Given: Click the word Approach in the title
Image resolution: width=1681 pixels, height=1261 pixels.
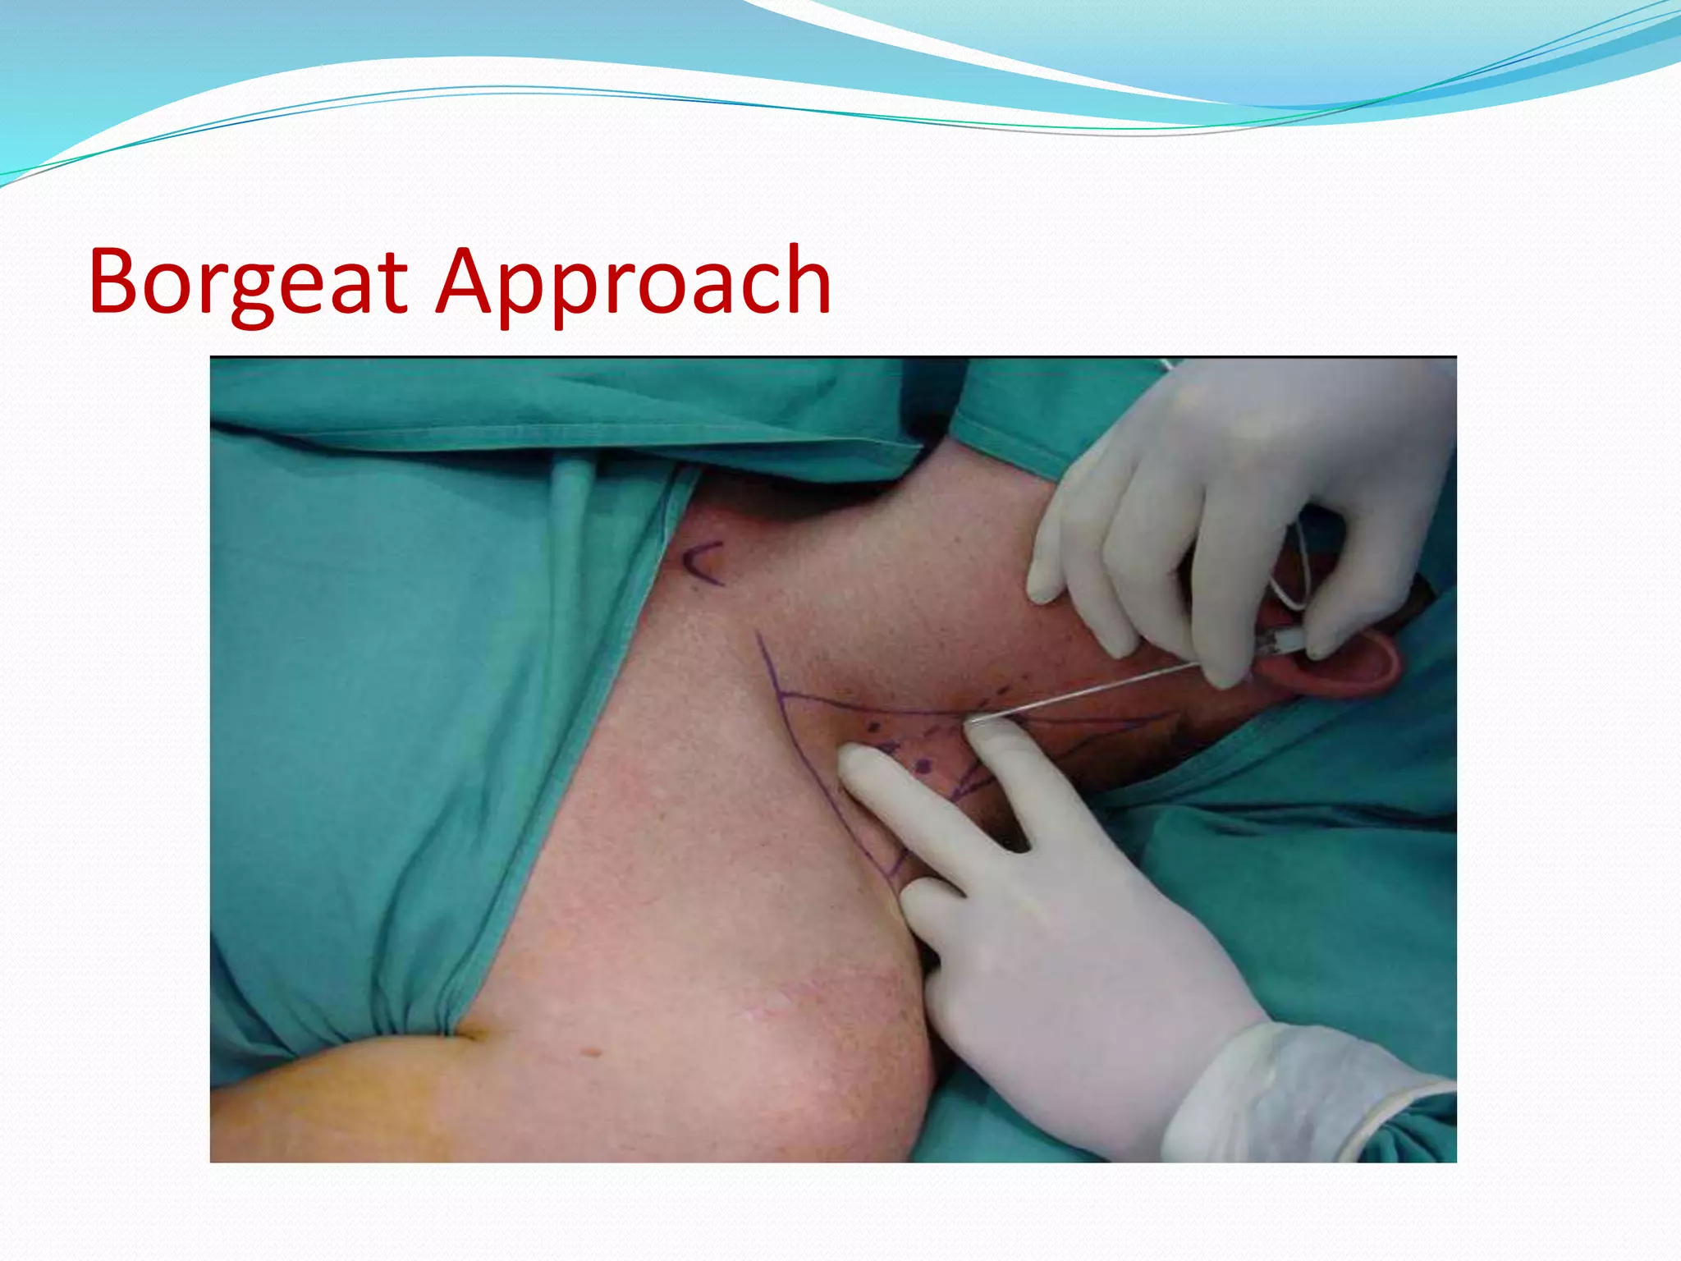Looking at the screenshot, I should [633, 283].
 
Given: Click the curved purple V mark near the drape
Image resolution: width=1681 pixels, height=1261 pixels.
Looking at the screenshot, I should [703, 563].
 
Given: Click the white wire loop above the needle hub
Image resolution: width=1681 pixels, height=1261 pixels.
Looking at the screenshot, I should [1289, 566].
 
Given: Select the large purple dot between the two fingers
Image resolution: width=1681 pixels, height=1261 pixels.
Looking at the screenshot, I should [923, 767].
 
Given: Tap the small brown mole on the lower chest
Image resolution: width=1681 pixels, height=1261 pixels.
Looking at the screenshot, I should [589, 1052].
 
